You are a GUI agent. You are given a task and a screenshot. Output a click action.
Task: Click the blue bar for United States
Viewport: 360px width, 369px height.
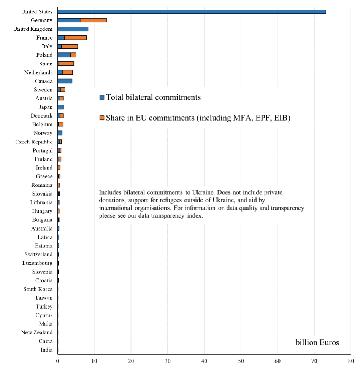click(x=192, y=12)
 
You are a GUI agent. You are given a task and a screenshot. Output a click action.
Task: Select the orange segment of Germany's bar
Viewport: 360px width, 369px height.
click(x=94, y=21)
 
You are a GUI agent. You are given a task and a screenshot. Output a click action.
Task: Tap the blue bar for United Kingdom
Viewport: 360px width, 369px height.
click(x=73, y=29)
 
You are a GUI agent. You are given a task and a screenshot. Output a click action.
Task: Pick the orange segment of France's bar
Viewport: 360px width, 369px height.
click(x=76, y=38)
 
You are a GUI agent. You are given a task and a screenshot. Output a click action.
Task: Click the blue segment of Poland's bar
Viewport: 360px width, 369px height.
click(x=64, y=55)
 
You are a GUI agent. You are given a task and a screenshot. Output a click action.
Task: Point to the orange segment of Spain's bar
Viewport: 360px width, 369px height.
click(x=66, y=64)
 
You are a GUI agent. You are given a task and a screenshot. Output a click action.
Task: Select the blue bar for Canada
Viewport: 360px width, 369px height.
click(x=65, y=81)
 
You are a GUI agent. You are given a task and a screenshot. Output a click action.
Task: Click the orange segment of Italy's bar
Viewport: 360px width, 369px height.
click(x=70, y=46)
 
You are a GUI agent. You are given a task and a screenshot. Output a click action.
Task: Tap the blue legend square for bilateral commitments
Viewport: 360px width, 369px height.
click(x=102, y=97)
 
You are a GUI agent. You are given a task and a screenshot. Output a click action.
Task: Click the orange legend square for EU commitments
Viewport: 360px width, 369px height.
click(x=102, y=118)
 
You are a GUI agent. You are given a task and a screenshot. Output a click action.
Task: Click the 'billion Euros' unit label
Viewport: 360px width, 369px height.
click(x=317, y=342)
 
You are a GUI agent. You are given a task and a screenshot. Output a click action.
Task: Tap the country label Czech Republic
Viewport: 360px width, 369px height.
click(x=34, y=142)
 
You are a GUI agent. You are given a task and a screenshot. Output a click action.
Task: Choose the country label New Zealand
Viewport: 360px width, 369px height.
click(x=36, y=332)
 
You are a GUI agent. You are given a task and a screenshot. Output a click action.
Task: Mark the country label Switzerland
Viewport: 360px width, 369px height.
click(x=38, y=254)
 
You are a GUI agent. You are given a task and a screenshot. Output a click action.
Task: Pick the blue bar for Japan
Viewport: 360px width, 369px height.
click(x=61, y=107)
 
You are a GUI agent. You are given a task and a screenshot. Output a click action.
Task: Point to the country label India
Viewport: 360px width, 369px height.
click(x=46, y=350)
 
